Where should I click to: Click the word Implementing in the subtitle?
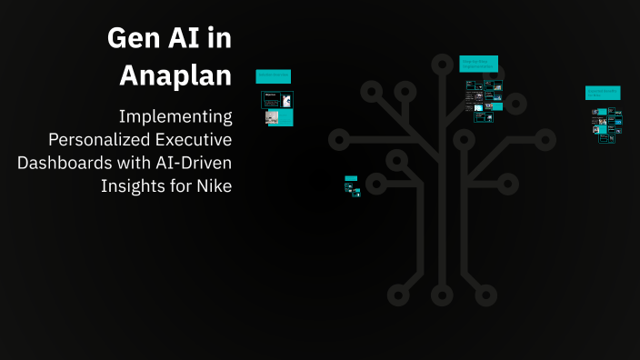click(x=176, y=117)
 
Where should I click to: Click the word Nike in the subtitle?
click(x=214, y=185)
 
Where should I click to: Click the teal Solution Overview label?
click(x=274, y=76)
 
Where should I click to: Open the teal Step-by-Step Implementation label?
click(x=479, y=63)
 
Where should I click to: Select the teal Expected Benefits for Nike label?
click(x=603, y=93)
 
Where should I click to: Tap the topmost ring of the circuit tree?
click(x=442, y=64)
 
